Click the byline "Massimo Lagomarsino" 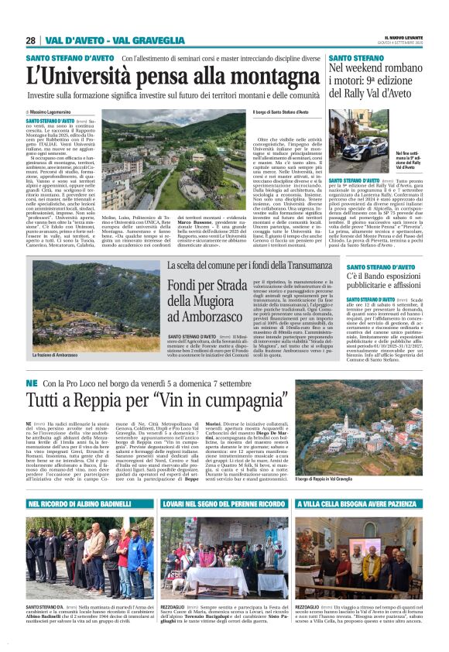[60, 113]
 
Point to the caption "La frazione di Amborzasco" [56, 355]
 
